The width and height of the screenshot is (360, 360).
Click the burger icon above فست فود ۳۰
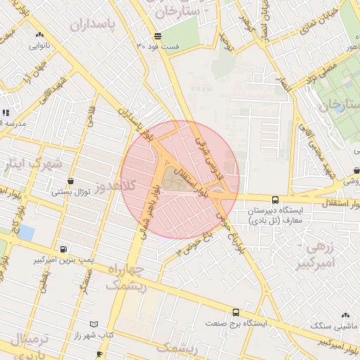tap(158, 36)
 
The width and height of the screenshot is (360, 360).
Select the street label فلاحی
tap(90, 116)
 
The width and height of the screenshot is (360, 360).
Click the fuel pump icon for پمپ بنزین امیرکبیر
tap(64, 249)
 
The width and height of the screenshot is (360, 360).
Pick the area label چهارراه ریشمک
tap(127, 277)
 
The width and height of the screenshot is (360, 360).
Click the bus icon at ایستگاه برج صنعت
tap(236, 312)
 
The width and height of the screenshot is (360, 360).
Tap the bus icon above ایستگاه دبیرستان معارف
tap(275, 200)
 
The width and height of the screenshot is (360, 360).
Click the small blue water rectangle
tap(26, 231)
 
